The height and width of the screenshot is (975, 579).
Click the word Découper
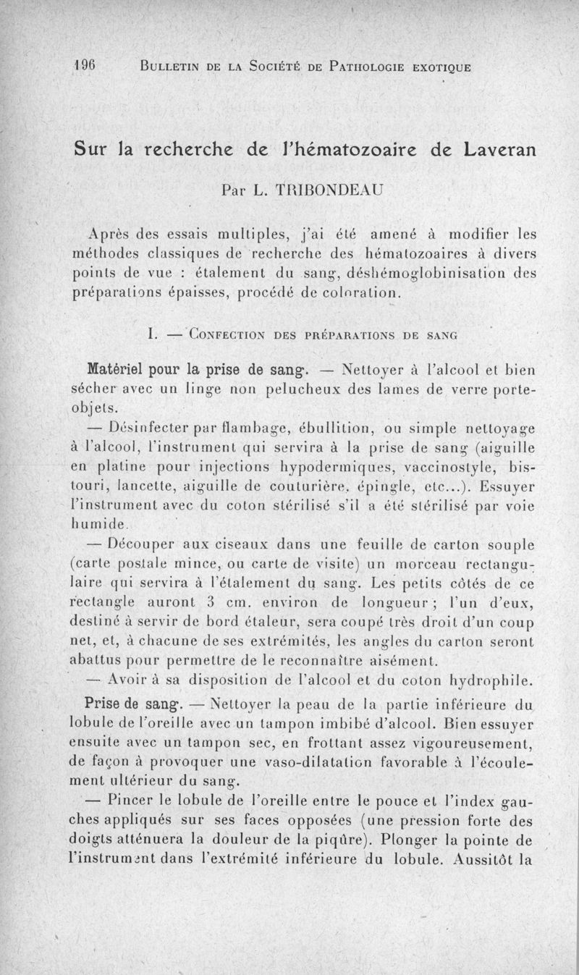148,544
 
